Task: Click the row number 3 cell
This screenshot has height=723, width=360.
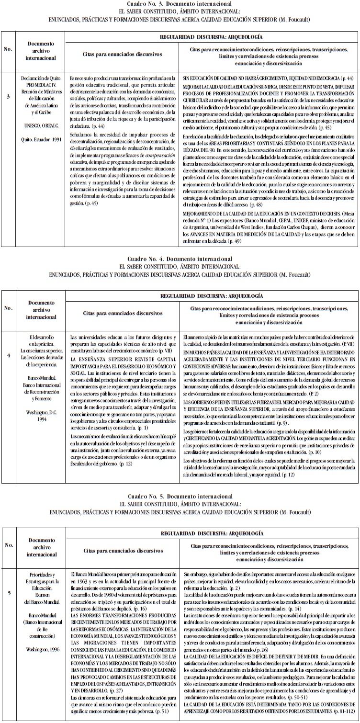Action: pos(8,97)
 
